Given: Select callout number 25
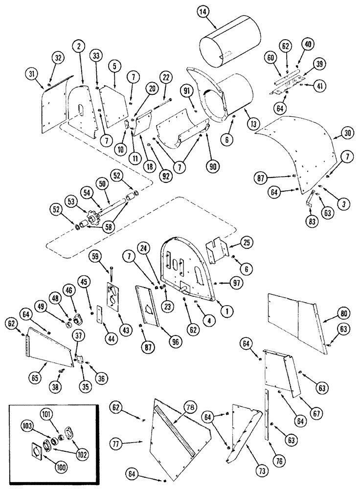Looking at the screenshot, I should [246, 243].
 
